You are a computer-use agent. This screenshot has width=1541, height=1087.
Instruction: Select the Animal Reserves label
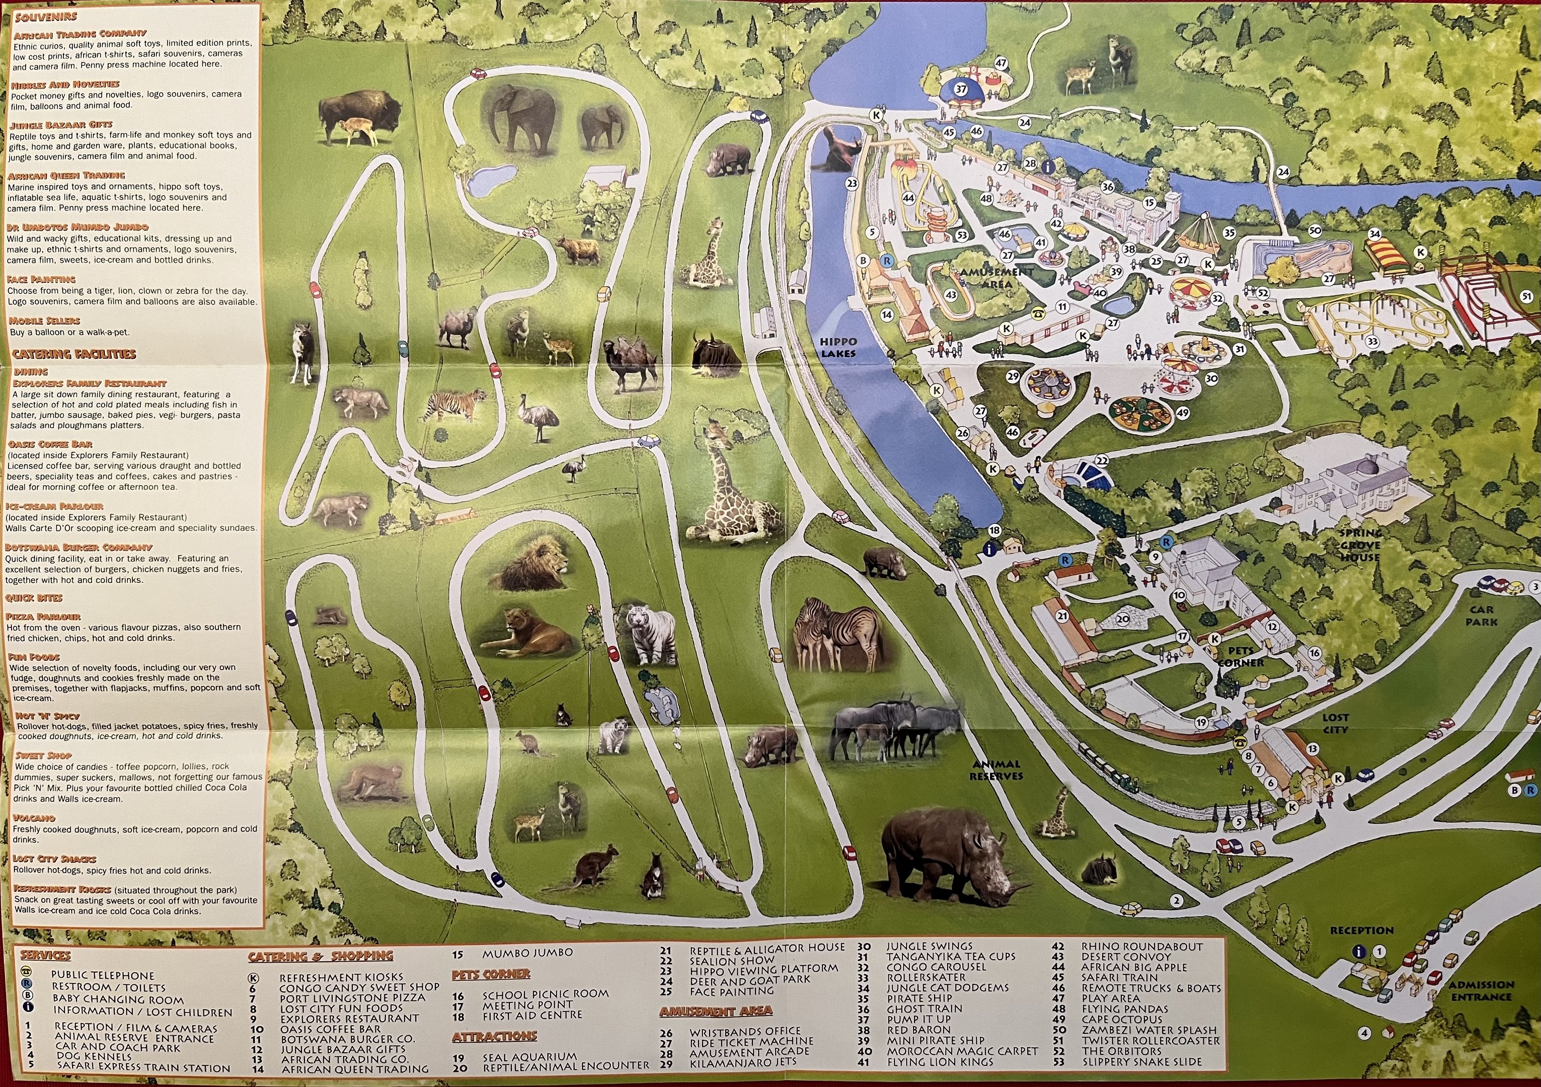996,769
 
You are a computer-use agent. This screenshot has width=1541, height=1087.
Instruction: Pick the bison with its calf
359,117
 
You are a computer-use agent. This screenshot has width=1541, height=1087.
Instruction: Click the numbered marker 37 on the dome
961,89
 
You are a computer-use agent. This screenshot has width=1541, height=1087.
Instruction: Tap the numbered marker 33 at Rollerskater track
1372,342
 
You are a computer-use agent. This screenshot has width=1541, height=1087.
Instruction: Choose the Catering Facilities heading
74,354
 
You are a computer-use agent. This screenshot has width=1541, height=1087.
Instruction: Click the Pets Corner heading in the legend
491,974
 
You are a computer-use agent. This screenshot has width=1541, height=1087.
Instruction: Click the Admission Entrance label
1481,990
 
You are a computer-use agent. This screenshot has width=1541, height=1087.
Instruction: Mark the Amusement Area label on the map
996,278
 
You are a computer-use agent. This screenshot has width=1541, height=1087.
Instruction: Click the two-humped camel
629,366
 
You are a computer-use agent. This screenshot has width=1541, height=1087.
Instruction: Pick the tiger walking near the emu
454,407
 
